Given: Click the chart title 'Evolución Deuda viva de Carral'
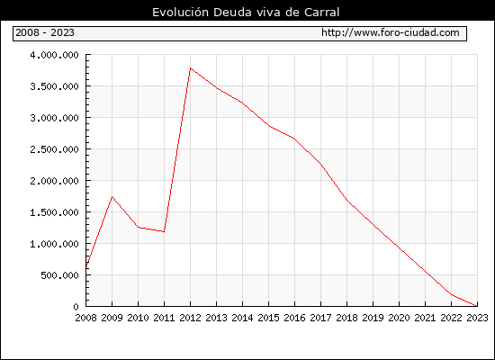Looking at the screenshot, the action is [246, 13].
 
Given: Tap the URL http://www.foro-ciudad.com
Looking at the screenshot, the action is [391, 32].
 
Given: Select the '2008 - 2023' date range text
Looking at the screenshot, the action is [45, 32].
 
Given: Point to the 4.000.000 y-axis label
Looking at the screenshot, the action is [54, 55].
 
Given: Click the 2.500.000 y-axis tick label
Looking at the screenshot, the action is [54, 149].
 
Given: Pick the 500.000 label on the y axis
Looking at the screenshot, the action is [59, 275].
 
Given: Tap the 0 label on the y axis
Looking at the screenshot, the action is [76, 307].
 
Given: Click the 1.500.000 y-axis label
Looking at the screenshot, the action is [54, 212].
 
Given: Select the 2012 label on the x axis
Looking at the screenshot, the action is [190, 318].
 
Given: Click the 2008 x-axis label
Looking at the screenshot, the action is [85, 318].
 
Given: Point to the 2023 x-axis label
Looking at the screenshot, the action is [477, 318].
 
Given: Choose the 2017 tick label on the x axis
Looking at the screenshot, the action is [320, 318].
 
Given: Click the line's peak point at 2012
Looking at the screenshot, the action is [191, 68].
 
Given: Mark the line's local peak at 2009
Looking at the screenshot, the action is [112, 197].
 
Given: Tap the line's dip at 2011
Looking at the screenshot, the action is [164, 231].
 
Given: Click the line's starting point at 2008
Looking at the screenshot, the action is [86, 266].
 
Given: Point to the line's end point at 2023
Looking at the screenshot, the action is [477, 306].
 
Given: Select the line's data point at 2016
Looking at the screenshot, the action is [294, 139].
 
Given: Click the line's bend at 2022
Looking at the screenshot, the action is [451, 294].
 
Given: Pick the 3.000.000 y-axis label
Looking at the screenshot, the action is [54, 118].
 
